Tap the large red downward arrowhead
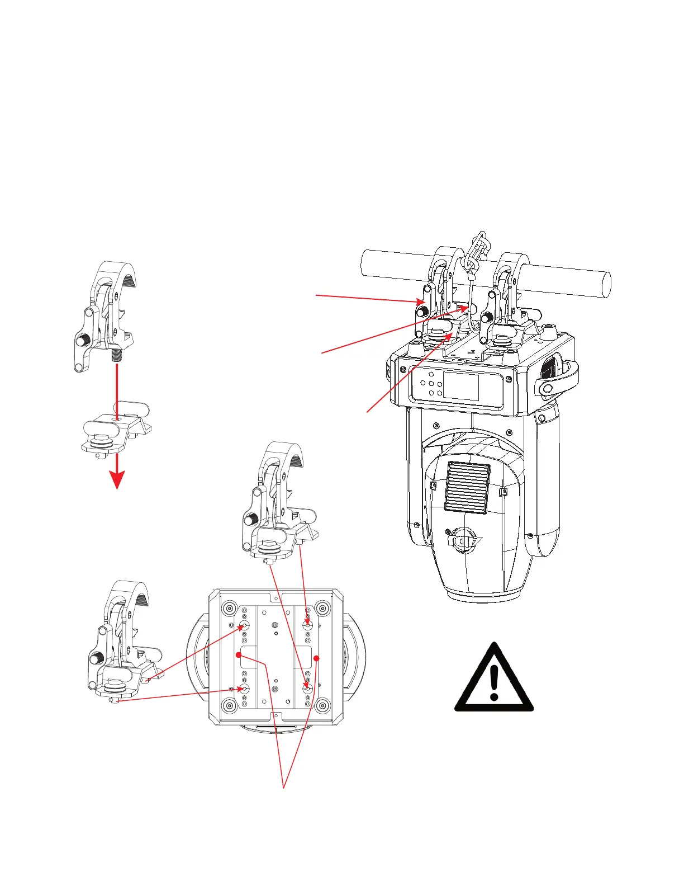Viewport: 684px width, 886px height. [117, 479]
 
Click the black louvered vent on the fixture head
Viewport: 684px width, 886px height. [467, 487]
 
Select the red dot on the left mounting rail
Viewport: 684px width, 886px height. [239, 654]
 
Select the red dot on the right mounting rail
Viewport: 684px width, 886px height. [316, 658]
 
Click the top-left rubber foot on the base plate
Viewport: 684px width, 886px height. [229, 608]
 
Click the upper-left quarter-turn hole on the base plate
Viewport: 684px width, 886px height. [244, 625]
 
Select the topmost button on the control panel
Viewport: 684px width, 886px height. [431, 373]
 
